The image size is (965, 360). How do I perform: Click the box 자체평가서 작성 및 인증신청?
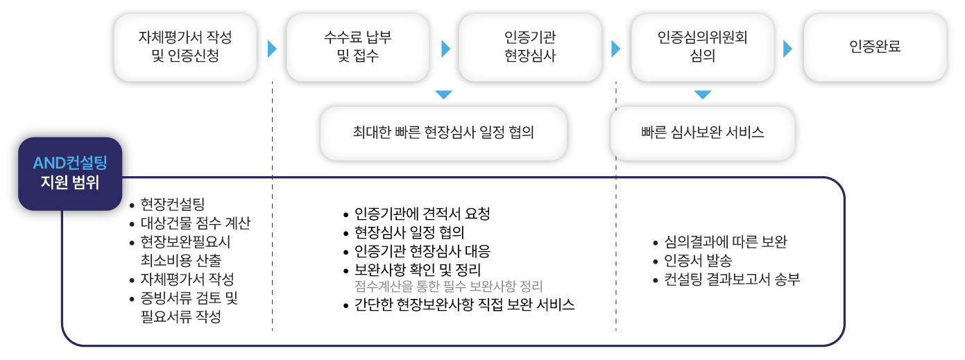[x=185, y=47]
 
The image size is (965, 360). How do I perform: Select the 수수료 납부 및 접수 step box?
[x=357, y=47]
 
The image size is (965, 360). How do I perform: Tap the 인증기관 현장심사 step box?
[x=530, y=47]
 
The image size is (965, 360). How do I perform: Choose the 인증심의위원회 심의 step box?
[x=702, y=47]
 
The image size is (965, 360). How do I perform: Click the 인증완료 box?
[x=874, y=47]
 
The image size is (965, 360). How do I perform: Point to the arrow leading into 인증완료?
[x=787, y=49]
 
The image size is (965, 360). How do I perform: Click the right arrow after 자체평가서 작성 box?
[x=271, y=49]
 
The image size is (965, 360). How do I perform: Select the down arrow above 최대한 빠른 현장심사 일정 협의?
[x=444, y=94]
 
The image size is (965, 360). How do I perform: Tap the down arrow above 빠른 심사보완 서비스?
[x=703, y=94]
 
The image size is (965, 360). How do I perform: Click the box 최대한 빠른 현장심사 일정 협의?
[x=443, y=132]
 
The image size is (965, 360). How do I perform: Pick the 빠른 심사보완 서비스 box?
[x=702, y=132]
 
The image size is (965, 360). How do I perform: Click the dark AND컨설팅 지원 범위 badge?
[x=70, y=173]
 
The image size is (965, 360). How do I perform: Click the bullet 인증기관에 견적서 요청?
[x=422, y=214]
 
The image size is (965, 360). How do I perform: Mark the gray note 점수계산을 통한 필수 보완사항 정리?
[x=448, y=286]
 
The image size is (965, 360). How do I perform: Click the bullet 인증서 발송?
[x=698, y=262]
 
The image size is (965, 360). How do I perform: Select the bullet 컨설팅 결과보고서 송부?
[x=732, y=280]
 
